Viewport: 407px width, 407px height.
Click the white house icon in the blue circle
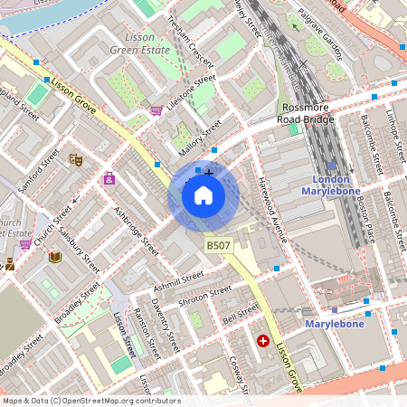[x=203, y=195]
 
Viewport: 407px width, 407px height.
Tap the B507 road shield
[x=218, y=245]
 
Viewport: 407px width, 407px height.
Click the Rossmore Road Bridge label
[x=307, y=112]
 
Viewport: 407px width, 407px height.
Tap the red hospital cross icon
[x=263, y=341]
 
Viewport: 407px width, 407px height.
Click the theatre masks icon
[x=77, y=159]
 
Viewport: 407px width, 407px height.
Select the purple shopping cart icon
[x=156, y=110]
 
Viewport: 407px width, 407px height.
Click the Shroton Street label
[x=204, y=297]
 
